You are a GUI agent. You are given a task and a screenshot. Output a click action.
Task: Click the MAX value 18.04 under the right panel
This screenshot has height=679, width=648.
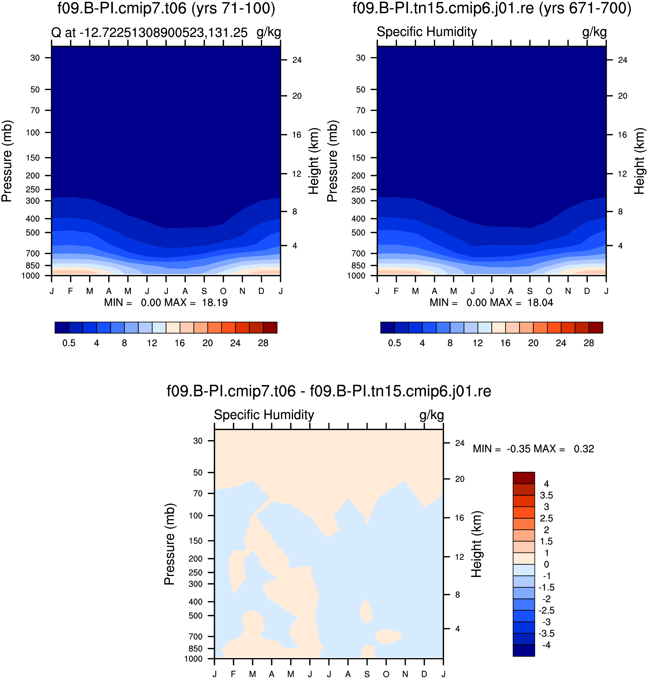[x=540, y=303]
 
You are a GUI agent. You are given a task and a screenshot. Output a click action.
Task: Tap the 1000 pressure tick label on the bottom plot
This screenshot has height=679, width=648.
[x=193, y=659]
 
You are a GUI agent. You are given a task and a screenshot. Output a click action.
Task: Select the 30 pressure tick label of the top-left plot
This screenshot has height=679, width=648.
[x=35, y=58]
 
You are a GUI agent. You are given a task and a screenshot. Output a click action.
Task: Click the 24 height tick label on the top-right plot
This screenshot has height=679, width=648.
[x=622, y=60]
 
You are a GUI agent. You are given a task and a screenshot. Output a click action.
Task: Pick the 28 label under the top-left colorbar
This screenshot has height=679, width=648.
[x=263, y=343]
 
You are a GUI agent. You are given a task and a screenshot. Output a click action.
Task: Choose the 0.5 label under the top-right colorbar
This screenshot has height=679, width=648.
[x=395, y=343]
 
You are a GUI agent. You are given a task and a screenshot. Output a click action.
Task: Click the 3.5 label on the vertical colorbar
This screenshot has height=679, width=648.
[x=546, y=495]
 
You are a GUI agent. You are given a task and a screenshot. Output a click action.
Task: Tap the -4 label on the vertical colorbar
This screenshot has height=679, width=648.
[x=546, y=645]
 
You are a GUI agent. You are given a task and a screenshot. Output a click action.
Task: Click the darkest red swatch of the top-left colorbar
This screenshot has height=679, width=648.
[x=270, y=327]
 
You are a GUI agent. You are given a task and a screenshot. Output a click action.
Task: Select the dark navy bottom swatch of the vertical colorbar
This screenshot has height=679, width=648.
[x=524, y=650]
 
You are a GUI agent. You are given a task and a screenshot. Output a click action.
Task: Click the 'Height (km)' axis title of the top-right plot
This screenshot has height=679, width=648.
[x=639, y=161]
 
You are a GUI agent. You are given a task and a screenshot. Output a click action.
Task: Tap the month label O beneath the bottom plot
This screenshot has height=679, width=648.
[x=386, y=674]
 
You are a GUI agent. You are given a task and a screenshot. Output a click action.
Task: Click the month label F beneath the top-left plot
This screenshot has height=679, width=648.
[x=71, y=291]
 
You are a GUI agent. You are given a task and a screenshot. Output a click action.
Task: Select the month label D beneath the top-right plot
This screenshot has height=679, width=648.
[x=587, y=291]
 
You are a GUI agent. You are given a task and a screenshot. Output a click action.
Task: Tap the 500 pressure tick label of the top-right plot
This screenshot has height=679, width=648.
[x=358, y=233]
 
